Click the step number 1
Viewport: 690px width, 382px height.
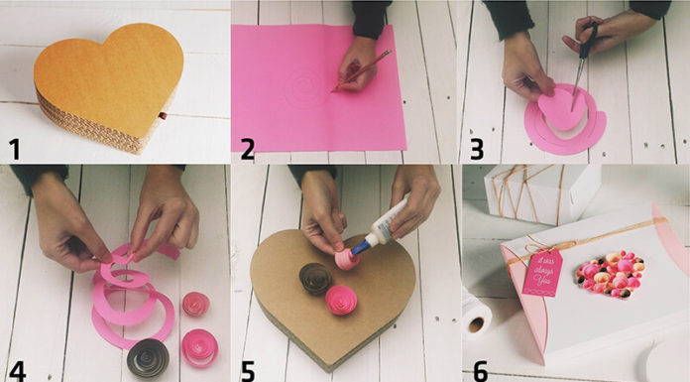point(14,149)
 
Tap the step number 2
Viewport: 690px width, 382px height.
point(247,149)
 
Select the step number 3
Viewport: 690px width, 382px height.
point(476,149)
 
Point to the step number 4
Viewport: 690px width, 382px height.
point(17,369)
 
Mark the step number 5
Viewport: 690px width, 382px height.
point(247,369)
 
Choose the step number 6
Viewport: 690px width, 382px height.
point(480,369)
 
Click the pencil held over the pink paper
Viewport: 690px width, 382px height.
point(363,70)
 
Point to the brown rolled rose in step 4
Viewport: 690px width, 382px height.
point(148,356)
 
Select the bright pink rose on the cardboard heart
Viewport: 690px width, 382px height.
point(340,298)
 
